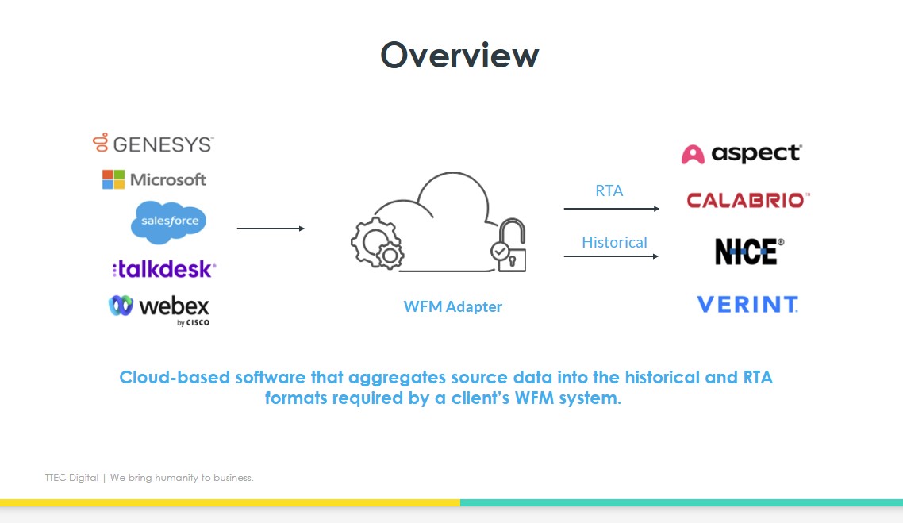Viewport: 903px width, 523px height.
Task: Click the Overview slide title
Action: tap(459, 55)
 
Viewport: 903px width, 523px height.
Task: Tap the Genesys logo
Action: tap(153, 144)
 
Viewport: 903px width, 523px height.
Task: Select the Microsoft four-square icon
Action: tap(113, 179)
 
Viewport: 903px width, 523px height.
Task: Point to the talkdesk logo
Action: tap(163, 269)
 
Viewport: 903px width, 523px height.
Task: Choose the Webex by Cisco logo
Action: tap(159, 307)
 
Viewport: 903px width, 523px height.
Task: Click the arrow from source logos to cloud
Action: tap(271, 229)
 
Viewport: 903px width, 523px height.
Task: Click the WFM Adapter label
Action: tap(452, 306)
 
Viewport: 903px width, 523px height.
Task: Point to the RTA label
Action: tap(609, 190)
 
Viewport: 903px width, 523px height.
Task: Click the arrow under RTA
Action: tap(611, 209)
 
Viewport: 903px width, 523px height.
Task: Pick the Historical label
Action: tap(614, 242)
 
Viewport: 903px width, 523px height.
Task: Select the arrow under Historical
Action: tap(611, 256)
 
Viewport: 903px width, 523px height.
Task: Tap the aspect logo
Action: tap(742, 153)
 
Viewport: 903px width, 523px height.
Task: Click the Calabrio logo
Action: tap(747, 200)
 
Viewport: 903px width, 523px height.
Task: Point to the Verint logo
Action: tap(747, 304)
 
